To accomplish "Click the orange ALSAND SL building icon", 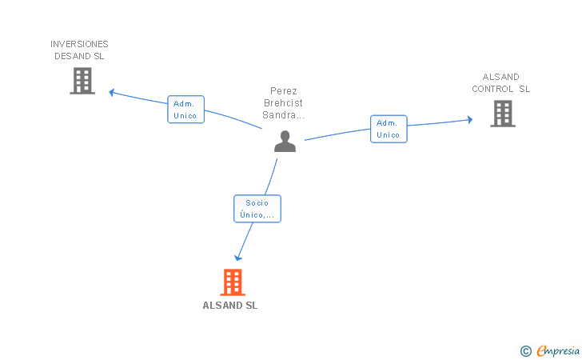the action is [232, 282].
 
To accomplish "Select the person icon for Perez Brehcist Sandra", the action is [285, 142].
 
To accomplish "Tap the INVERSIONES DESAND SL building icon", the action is [82, 81].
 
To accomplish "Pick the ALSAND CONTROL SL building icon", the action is [502, 114].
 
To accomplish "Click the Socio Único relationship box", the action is [257, 209].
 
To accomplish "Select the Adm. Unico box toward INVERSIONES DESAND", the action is [185, 110].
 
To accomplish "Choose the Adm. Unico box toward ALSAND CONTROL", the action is [389, 129].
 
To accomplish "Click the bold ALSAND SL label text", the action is [230, 306].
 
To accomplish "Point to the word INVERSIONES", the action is [79, 44].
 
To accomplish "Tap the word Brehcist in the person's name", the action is [284, 103].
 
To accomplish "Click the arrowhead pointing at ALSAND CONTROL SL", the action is [469, 120].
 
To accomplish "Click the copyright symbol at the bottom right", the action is [525, 350].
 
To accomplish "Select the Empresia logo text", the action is [558, 350].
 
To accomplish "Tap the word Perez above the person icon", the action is [284, 91].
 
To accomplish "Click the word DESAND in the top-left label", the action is [70, 56].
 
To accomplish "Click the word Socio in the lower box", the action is [257, 203].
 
